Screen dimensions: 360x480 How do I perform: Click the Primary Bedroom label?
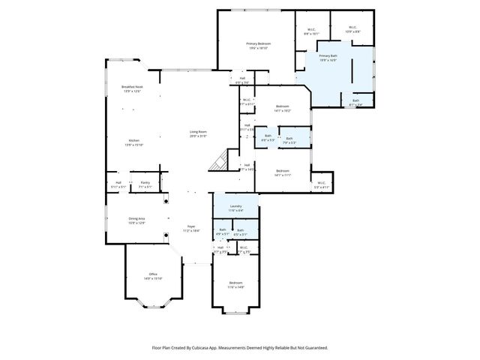(259, 44)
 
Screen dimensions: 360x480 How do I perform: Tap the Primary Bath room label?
(328, 56)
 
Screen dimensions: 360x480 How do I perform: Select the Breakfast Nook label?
(133, 88)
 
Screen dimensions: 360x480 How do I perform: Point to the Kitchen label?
(133, 140)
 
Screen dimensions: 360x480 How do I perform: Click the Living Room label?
(198, 132)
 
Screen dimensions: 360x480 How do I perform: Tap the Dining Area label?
(136, 219)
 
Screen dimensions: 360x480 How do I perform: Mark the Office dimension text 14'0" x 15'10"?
(152, 278)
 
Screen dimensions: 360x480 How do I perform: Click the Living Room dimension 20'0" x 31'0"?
(198, 136)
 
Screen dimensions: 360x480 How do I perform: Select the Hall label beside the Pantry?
(118, 182)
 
